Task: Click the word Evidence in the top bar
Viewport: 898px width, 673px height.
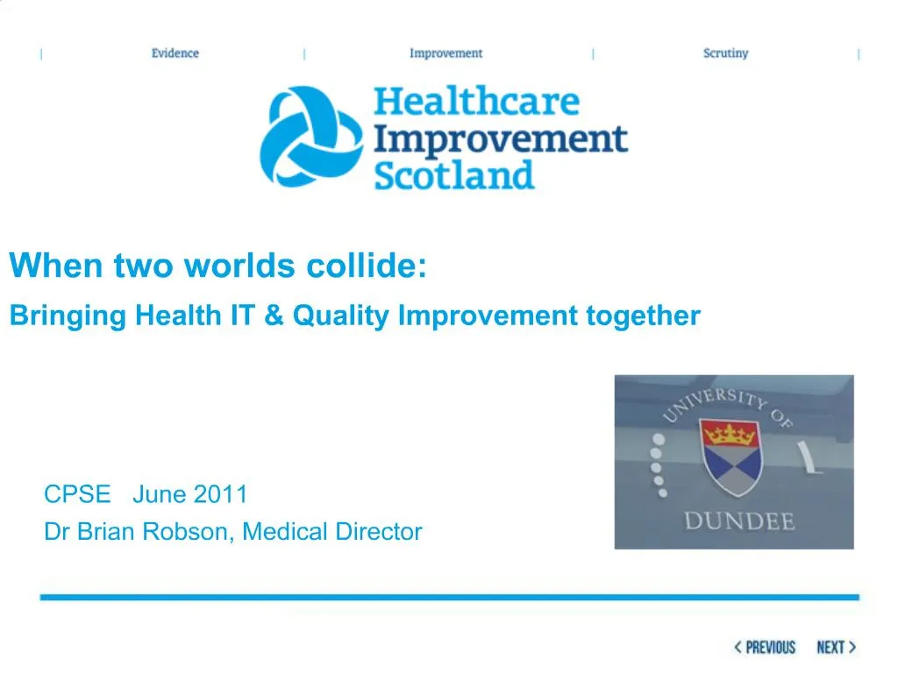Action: point(175,53)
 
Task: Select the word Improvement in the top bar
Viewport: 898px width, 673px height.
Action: point(445,53)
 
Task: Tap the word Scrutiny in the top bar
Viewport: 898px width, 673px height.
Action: point(725,53)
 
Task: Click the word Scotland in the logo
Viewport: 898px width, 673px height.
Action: point(453,175)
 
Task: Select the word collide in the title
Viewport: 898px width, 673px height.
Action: point(366,265)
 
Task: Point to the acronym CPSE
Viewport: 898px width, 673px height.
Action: point(77,494)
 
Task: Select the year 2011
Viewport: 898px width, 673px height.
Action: point(220,494)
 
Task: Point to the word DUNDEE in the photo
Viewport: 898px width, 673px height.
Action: point(738,521)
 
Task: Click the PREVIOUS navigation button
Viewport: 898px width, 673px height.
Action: point(765,648)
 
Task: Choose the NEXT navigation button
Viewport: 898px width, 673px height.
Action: point(836,648)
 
